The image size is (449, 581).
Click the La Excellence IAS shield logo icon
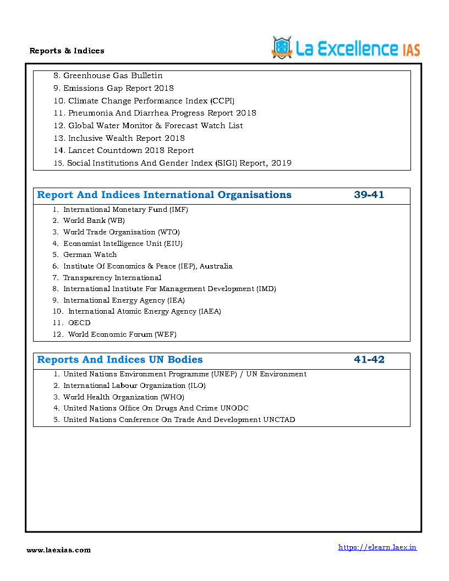(x=282, y=47)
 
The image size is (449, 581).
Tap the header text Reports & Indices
(x=67, y=51)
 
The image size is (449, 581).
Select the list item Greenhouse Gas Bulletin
(x=113, y=75)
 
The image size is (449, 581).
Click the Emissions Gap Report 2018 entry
(x=118, y=88)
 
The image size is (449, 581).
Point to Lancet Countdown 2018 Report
(x=131, y=150)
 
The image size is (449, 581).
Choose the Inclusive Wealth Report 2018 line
(x=126, y=138)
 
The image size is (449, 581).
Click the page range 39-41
(x=369, y=195)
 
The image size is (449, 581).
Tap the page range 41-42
(x=369, y=360)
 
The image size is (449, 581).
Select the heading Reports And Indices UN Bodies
(x=120, y=360)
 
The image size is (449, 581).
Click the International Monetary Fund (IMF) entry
(x=125, y=210)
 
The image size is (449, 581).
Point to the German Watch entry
(x=90, y=255)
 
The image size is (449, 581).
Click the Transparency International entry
(x=112, y=278)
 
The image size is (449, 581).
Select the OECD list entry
(x=79, y=323)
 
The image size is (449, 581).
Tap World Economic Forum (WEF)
(x=122, y=335)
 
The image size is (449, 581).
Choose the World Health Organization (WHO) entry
(x=124, y=397)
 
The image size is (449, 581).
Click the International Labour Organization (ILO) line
(x=134, y=386)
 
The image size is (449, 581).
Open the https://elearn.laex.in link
(x=377, y=547)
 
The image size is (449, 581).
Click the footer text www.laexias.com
(x=59, y=550)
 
